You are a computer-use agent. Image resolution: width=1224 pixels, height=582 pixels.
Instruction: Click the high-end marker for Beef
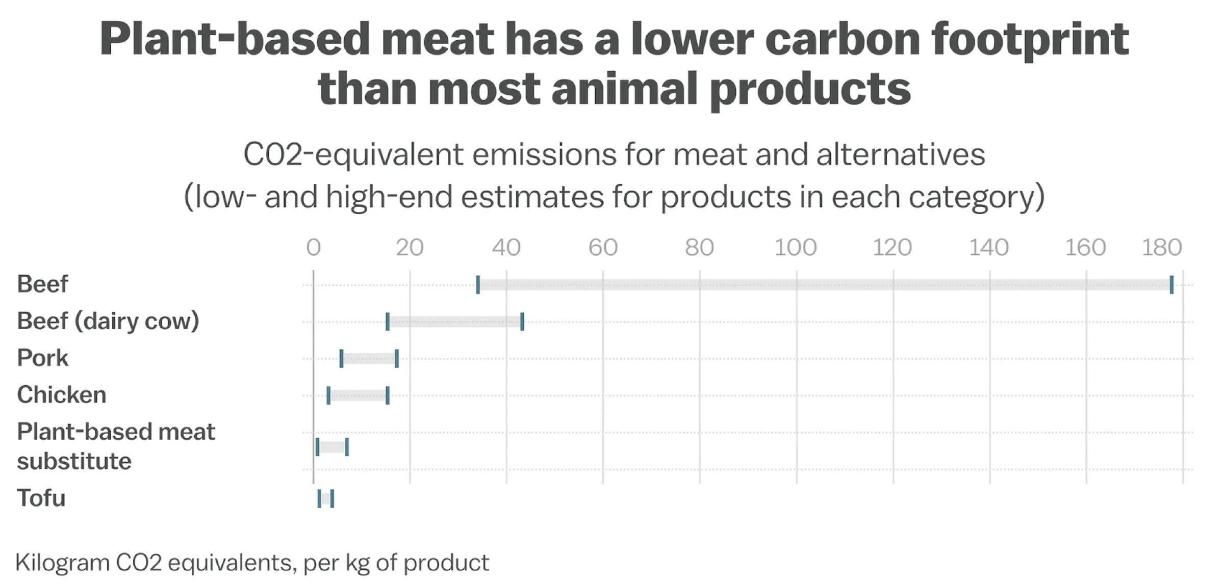point(1171,284)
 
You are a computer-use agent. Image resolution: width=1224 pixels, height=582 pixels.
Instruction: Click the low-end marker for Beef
point(478,284)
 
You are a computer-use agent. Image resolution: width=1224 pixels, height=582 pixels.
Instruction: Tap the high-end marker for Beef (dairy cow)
point(522,322)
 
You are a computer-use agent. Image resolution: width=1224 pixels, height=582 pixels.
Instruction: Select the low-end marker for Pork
point(341,358)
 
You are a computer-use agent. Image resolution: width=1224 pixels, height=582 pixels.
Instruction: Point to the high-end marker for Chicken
point(388,395)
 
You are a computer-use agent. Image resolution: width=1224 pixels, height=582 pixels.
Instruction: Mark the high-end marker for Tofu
point(332,498)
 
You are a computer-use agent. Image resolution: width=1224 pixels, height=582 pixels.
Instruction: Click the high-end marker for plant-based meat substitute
point(347,447)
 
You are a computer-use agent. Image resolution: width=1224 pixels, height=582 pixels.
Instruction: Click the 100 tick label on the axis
point(796,248)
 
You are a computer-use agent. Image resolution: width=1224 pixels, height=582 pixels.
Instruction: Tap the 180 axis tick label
point(1162,248)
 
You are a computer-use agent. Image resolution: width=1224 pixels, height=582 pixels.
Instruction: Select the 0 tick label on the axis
point(314,248)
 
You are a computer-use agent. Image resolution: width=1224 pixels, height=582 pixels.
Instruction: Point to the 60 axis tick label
point(603,248)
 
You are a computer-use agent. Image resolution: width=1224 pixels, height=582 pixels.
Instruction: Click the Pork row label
point(42,358)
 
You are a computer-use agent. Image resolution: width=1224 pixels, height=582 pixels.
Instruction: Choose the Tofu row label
point(41,498)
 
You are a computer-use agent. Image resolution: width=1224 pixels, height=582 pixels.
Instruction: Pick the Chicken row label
point(61,395)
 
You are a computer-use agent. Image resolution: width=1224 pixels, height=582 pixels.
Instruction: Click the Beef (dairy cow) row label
point(108,321)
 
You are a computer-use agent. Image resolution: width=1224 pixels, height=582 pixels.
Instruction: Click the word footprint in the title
point(1030,40)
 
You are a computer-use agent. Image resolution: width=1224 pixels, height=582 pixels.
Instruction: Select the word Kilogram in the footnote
point(63,563)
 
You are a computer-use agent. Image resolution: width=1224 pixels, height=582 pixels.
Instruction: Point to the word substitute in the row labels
point(74,461)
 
